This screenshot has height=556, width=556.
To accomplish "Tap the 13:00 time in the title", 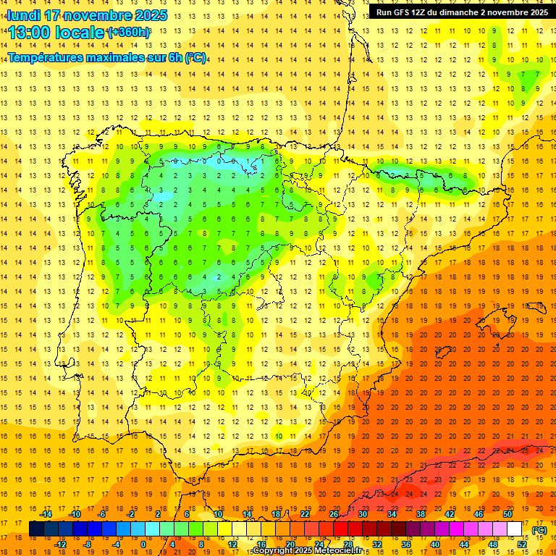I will click(x=30, y=33).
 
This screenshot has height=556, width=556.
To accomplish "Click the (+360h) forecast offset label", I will click(x=128, y=33).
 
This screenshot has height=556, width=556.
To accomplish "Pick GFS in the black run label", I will click(x=404, y=12).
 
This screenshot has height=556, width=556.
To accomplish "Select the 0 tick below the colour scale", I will click(x=143, y=544).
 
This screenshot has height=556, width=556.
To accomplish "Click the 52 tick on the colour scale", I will click(x=522, y=544).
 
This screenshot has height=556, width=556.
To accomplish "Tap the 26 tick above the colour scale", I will click(x=334, y=514).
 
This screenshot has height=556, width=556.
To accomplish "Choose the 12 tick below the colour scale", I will click(x=232, y=544).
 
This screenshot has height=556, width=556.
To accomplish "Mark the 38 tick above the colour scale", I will click(x=421, y=514).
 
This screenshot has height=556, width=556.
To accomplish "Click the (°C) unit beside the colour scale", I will click(x=539, y=530).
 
